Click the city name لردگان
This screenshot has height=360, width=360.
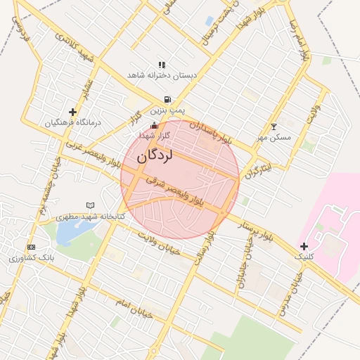click(x=154, y=157)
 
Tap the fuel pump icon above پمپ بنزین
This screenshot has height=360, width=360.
click(x=167, y=100)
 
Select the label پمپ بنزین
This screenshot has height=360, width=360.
click(x=169, y=110)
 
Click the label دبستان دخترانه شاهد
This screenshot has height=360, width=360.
click(x=162, y=75)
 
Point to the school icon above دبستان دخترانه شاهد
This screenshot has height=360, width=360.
click(x=162, y=64)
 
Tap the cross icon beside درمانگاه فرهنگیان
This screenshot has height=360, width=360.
click(x=72, y=112)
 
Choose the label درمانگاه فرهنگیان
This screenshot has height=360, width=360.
click(x=74, y=122)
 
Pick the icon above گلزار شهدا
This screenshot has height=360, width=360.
click(x=155, y=125)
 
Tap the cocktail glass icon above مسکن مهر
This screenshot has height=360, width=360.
click(x=274, y=127)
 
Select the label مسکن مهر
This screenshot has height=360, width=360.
click(x=274, y=137)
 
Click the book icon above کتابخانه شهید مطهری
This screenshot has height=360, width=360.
click(x=89, y=205)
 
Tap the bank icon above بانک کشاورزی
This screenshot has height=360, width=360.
click(x=31, y=247)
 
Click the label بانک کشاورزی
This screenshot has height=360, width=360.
click(x=32, y=258)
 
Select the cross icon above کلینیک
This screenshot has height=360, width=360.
click(x=304, y=246)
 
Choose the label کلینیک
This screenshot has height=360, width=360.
click(x=304, y=257)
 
